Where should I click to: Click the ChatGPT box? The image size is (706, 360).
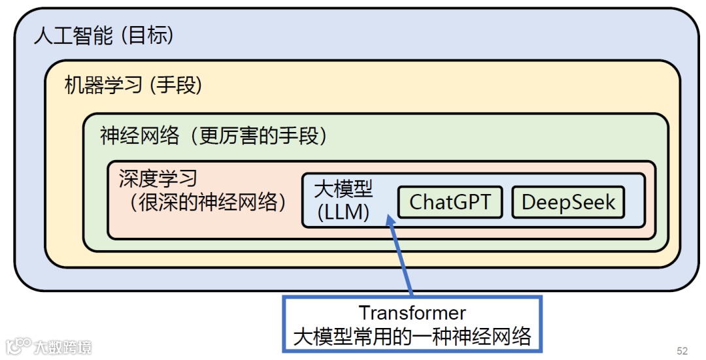coord(450,203)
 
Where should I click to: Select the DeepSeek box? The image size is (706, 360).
coord(567,203)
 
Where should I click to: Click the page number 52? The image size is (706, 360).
coord(682,351)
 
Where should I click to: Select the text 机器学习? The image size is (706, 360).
coord(103,85)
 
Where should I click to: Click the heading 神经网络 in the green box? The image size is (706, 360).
coord(139,135)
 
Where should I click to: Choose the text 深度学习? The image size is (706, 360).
coord(158,178)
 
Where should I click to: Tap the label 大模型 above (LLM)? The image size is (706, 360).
coord(343,189)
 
